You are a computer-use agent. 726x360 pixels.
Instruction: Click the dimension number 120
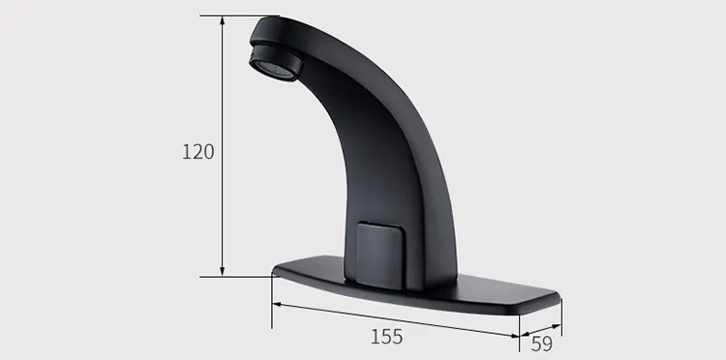197,152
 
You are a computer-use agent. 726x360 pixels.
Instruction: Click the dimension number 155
386,337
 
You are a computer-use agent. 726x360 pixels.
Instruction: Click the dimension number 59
541,342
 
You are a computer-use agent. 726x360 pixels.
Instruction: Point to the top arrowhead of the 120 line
224,19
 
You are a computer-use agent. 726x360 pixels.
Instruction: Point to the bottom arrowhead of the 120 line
224,272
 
